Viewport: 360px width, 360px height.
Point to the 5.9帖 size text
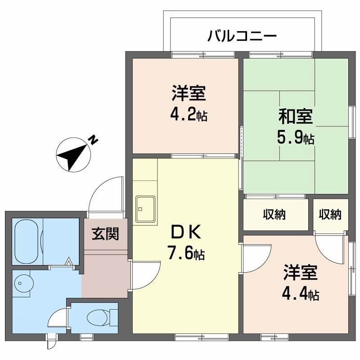[x=296, y=138]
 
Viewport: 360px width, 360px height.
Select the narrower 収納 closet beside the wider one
[x=330, y=215]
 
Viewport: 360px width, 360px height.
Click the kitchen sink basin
[x=145, y=210]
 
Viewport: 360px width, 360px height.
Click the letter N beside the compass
[x=94, y=139]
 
